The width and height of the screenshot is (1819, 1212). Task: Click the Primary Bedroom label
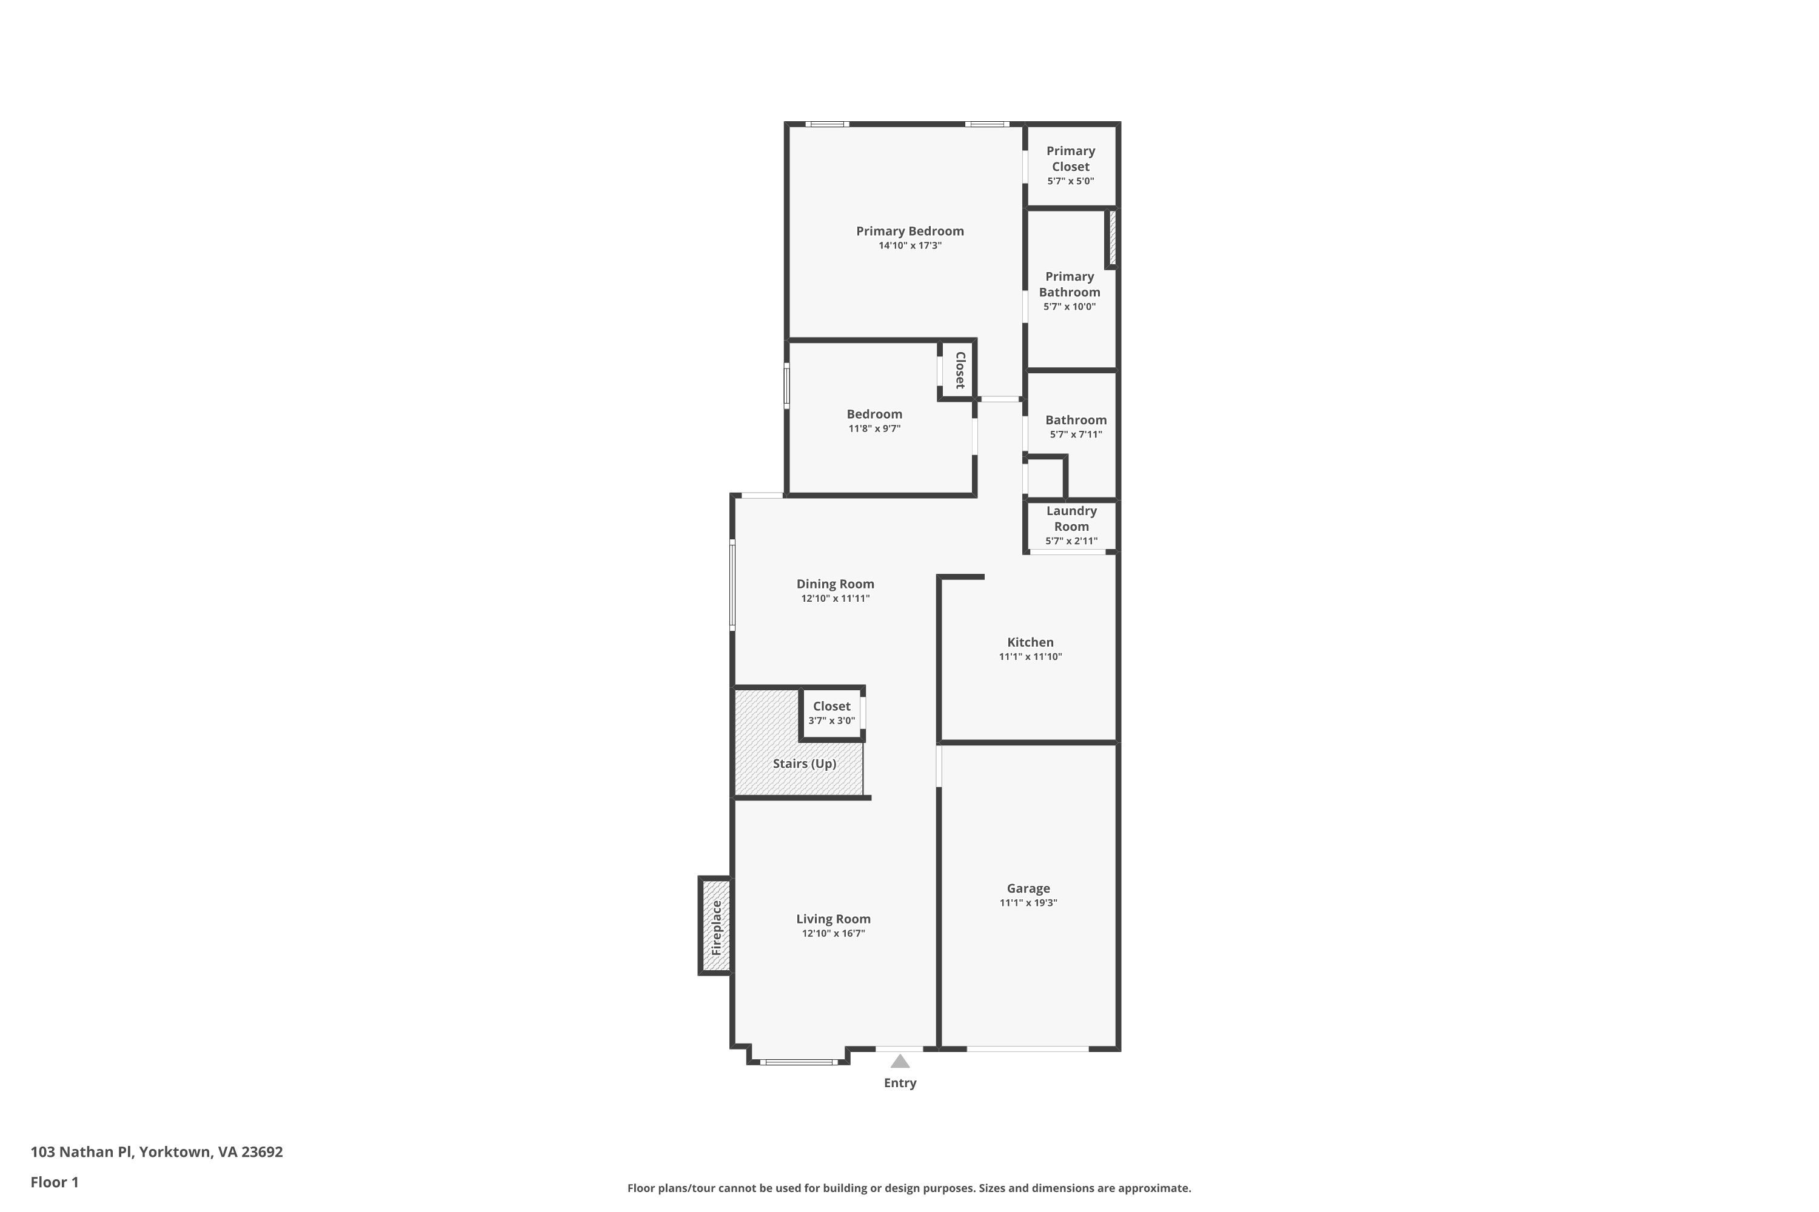909,231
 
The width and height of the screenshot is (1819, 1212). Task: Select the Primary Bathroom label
1070,284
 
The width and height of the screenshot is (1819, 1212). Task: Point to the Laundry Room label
1071,519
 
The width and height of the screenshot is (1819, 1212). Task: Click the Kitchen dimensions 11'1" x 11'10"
1030,657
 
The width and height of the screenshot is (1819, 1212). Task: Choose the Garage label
1028,889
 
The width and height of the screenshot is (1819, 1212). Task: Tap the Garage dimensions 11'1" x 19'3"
1028,903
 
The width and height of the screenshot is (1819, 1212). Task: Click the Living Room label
833,919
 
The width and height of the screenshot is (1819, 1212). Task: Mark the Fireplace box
715,926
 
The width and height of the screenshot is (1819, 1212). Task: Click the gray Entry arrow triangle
899,1061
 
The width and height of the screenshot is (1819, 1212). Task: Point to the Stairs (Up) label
805,764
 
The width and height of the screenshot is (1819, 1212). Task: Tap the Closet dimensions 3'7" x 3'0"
831,721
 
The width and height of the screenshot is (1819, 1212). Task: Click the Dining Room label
836,584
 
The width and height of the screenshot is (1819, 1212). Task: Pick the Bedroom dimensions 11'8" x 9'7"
874,429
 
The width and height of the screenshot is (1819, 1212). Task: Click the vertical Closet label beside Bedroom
960,370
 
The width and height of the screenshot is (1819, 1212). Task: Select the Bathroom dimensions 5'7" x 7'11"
1076,435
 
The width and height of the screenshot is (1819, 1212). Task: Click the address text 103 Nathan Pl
82,1152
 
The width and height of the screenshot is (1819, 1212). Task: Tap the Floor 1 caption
54,1182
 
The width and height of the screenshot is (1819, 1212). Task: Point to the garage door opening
1028,1049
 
